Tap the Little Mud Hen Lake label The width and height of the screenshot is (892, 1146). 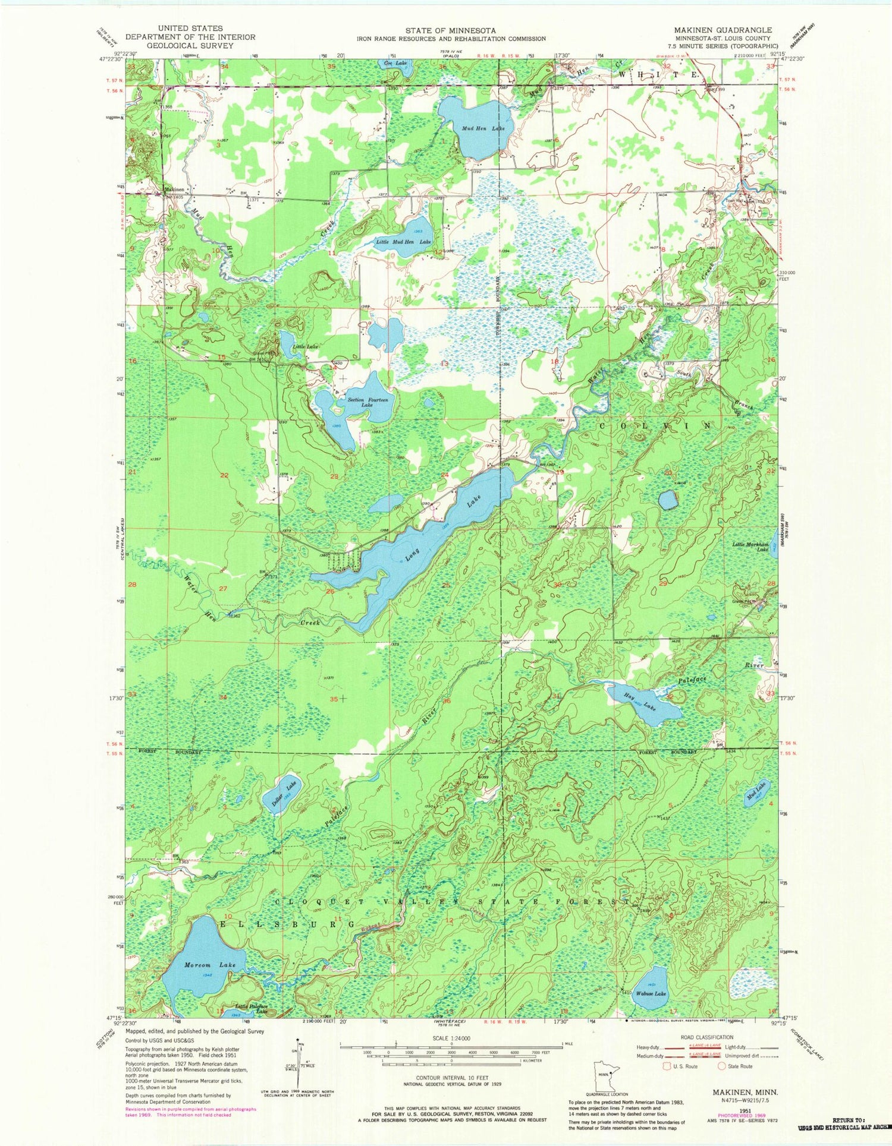tap(403, 242)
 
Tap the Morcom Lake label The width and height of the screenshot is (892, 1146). tap(209, 965)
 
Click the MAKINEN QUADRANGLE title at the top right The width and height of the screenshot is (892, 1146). tap(723, 30)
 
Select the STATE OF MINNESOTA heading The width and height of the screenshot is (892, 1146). tap(451, 30)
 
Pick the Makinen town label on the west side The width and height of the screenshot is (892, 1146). tap(174, 190)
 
